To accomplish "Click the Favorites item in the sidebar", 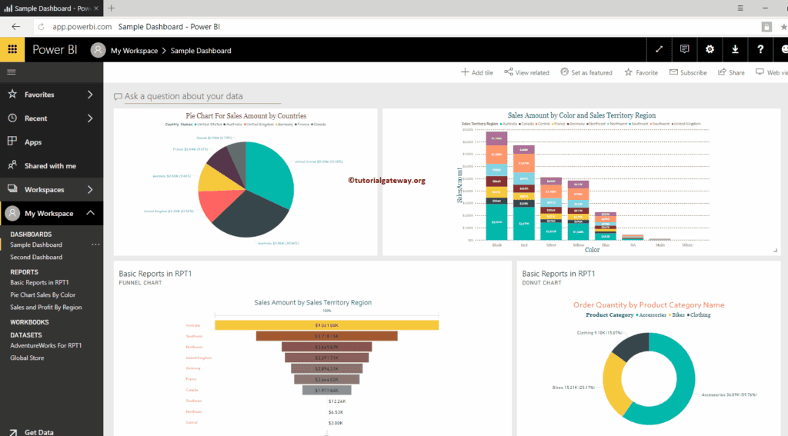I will pos(39,95).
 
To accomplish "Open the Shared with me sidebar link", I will pos(50,165).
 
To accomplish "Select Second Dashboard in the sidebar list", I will pos(36,257).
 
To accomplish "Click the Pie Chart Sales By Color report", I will pos(42,295).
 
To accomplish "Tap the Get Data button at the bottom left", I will pos(38,432).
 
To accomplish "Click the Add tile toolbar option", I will pos(477,72).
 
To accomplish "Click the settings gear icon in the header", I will pos(710,50).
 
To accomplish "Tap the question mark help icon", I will pos(760,50).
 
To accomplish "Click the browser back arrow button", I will pos(15,26).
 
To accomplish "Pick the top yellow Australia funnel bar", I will pos(326,325).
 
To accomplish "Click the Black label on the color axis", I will pos(496,245).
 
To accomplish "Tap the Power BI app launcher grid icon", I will pos(12,50).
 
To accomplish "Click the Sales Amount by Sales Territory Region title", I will pos(312,302).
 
